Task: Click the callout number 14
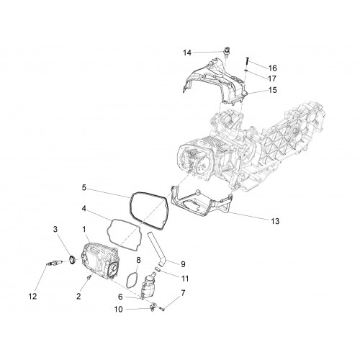pos(187,53)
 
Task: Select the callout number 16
pos(273,68)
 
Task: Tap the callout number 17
pos(273,78)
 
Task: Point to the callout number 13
pos(276,221)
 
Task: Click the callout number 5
pos(84,187)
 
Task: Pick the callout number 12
pos(32,297)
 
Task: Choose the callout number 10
pos(118,310)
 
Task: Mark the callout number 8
pos(138,260)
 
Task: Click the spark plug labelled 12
pos(55,263)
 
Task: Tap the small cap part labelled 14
pos(225,53)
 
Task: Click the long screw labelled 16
pos(247,60)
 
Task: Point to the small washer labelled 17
pos(246,70)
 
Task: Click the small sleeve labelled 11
pos(157,269)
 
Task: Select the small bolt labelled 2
pos(89,277)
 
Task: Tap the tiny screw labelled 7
pos(162,308)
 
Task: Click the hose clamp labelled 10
pos(153,307)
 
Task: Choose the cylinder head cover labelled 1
pos(100,261)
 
